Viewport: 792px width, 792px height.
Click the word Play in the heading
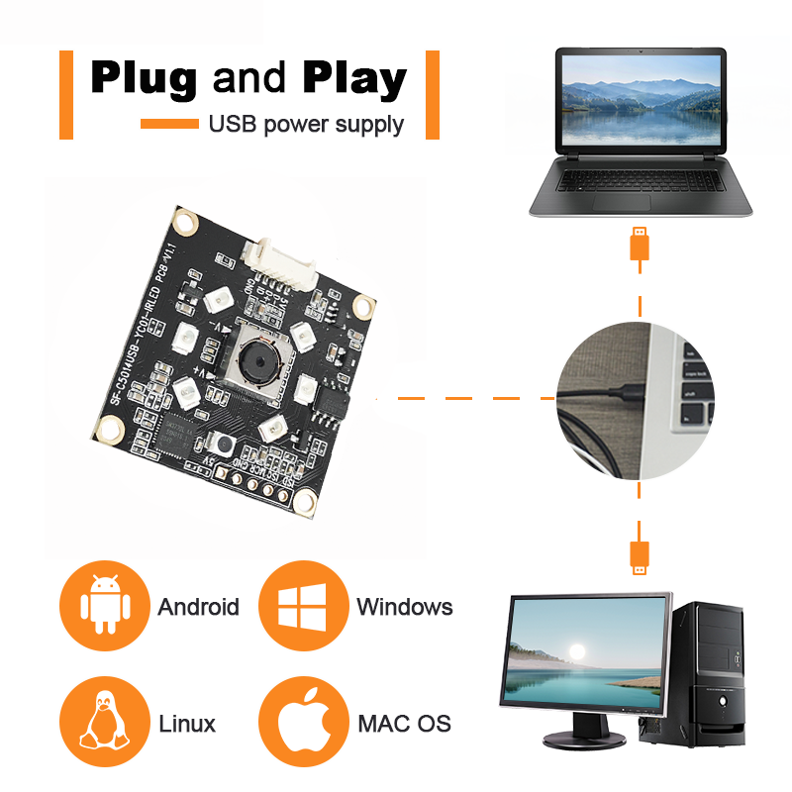click(354, 78)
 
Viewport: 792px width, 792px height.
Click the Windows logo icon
click(302, 605)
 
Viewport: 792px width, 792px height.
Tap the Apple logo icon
click(302, 721)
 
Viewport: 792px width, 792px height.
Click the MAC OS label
click(404, 724)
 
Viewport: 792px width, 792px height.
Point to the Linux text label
click(187, 724)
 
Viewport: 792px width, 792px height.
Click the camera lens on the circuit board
click(255, 365)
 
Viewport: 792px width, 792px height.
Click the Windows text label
click(404, 607)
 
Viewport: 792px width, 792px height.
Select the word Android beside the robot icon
click(198, 607)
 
